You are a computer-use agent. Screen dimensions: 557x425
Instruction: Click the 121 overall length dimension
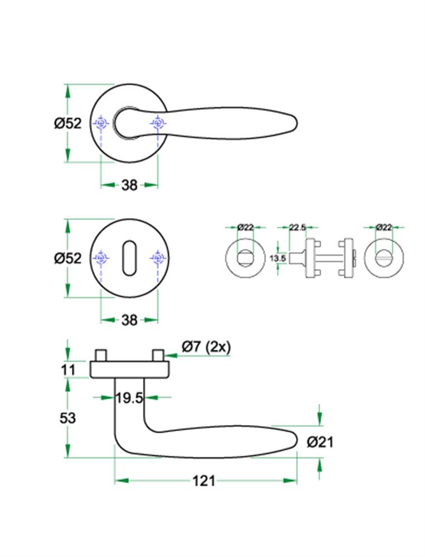[204, 480]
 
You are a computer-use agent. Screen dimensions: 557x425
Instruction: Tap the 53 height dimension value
[67, 418]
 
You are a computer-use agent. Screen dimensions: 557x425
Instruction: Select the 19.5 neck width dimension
[128, 398]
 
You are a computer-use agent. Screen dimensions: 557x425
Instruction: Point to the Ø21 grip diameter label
[320, 442]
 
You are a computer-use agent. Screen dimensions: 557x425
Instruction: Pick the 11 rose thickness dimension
[67, 369]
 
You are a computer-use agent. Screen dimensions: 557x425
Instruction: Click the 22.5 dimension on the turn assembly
[296, 227]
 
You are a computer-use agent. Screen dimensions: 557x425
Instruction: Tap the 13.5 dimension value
[277, 258]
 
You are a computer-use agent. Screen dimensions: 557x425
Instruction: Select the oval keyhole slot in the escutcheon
[129, 258]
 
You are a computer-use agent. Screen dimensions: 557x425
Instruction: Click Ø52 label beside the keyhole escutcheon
[67, 258]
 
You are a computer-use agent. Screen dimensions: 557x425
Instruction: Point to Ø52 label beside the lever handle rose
[67, 124]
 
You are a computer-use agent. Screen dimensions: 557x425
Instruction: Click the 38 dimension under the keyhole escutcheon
[129, 320]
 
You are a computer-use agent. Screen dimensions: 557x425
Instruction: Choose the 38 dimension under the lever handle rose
[129, 185]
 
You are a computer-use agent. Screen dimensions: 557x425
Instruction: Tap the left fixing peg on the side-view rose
[101, 355]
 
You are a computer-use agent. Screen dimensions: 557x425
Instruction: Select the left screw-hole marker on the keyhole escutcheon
[101, 258]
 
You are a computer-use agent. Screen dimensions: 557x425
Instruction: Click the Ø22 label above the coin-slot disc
[383, 227]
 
